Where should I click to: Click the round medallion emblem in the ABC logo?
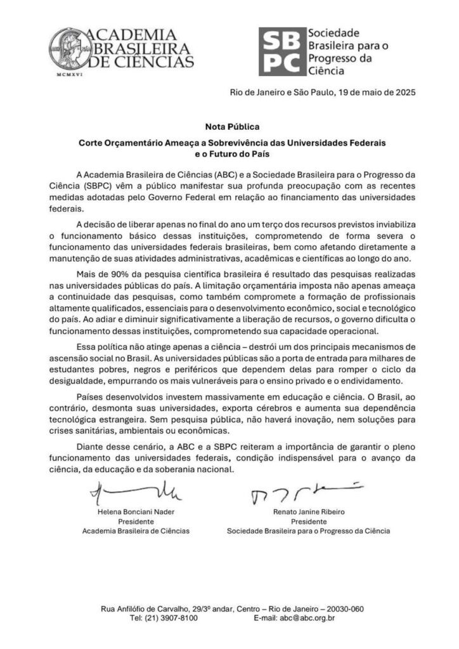[69, 48]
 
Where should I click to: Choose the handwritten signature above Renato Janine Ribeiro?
[308, 491]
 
